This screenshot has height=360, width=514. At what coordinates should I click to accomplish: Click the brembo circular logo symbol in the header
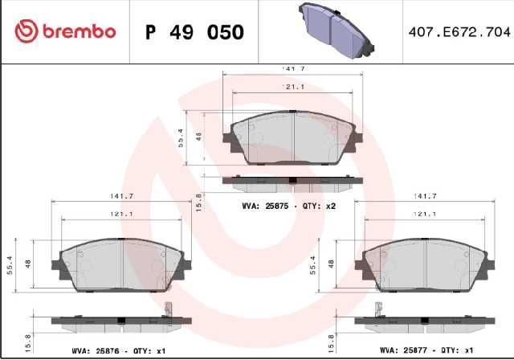coord(27,31)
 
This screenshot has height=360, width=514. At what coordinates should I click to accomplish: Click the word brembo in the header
coord(80,32)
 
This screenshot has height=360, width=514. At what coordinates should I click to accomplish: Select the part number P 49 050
coord(194,32)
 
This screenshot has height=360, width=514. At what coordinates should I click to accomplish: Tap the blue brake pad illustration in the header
coord(337,31)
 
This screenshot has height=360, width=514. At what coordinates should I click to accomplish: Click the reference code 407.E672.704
coord(459,32)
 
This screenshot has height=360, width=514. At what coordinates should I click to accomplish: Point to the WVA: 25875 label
coord(265,206)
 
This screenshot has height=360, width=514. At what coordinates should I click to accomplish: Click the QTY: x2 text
coord(320,206)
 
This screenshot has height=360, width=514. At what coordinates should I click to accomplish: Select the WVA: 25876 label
coord(95,351)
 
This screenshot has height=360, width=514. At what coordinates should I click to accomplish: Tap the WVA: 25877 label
coord(403,350)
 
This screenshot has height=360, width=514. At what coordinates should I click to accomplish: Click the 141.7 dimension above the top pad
coord(293,69)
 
